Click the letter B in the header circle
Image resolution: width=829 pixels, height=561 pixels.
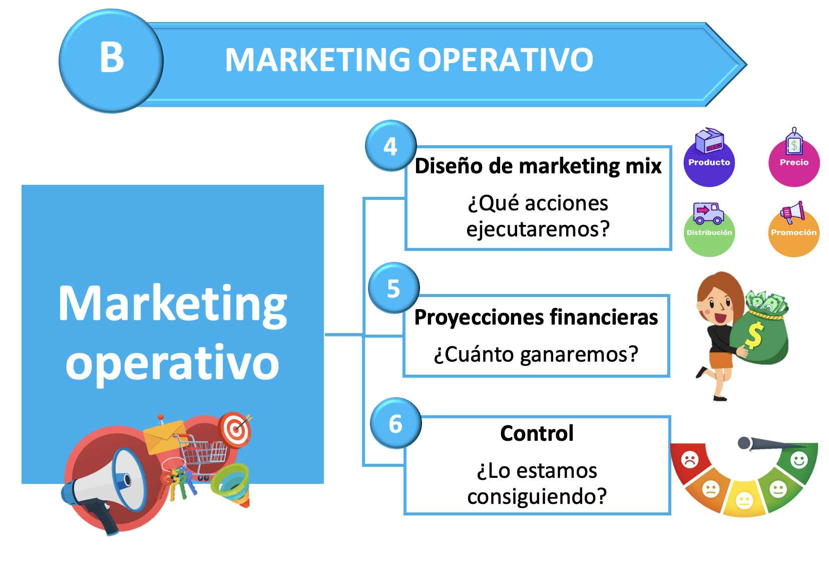point(112,58)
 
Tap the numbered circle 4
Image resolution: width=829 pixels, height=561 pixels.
point(391,146)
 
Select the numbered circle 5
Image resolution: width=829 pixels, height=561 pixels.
point(394,288)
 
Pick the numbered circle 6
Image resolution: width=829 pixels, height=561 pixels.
point(395,423)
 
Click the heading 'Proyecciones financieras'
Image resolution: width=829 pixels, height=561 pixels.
point(536,318)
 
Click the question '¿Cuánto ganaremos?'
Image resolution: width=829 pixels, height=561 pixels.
point(536,354)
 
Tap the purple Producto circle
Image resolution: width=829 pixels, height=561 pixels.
point(709,161)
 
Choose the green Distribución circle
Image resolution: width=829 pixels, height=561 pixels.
point(709,232)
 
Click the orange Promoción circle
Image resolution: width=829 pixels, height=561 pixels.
point(794,232)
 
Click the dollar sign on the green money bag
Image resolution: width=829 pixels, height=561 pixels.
point(753,336)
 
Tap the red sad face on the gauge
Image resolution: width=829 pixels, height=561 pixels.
point(690,460)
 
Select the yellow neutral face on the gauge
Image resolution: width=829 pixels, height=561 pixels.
point(744,501)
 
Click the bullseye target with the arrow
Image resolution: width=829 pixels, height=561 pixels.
point(235,430)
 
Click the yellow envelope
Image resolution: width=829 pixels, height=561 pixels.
point(165,437)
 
